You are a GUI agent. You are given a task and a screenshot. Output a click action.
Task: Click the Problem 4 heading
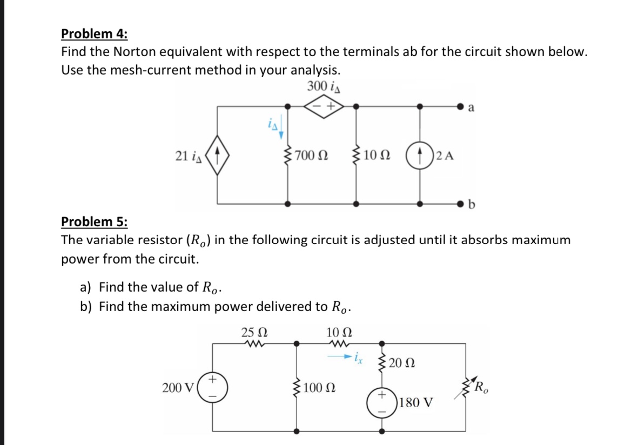94,34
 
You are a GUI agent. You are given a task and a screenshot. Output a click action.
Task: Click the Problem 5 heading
94,222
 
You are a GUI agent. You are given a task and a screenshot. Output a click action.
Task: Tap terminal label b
473,205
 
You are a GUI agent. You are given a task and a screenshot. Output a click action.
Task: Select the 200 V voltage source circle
213,388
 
